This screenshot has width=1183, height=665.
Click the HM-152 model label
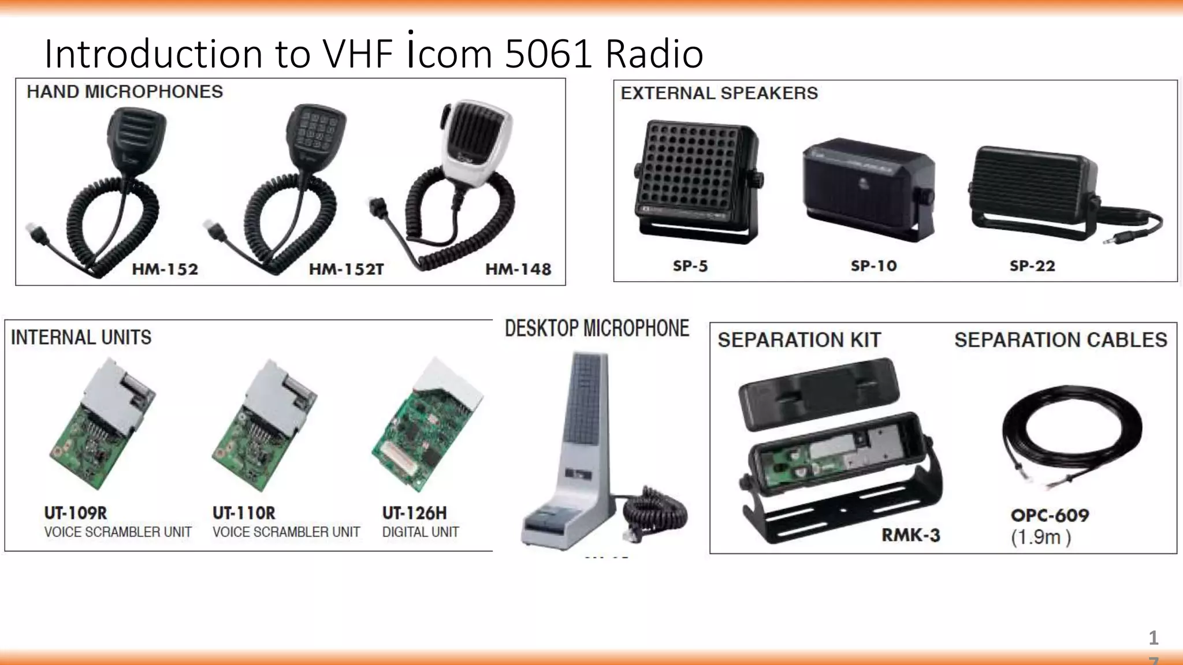[x=165, y=270]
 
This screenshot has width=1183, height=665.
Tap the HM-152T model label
[x=346, y=270]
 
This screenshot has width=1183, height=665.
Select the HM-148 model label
[x=518, y=270]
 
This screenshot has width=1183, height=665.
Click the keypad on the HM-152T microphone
[x=315, y=132]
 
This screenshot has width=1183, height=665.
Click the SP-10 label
[x=873, y=266]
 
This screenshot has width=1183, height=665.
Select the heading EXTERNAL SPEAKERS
[x=719, y=94]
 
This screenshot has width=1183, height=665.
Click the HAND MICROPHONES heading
[x=125, y=92]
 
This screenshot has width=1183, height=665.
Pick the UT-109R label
[x=76, y=513]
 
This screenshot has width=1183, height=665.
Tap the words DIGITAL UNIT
[x=421, y=532]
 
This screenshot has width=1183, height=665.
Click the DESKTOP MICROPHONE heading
[x=597, y=328]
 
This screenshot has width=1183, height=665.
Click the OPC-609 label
[x=1050, y=515]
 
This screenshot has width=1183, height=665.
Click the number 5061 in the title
[x=548, y=54]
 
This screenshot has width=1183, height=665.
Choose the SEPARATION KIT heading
[x=799, y=340]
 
